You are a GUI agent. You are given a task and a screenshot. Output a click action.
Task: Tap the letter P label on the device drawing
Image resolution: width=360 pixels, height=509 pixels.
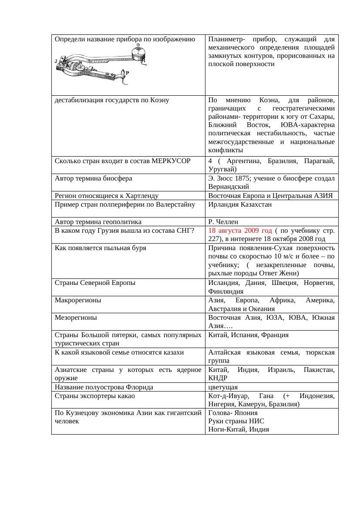pos(127,73)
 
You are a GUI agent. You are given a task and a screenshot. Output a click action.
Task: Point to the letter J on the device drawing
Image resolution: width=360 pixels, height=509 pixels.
pos(56,61)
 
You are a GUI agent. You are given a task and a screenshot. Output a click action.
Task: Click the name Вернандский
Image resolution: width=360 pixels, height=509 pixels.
pos(228,186)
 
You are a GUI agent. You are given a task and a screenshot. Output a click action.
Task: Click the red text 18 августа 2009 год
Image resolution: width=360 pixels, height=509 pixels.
pos(240,231)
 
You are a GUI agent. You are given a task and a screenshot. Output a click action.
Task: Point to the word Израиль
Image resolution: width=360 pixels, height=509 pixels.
pos(273,370)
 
